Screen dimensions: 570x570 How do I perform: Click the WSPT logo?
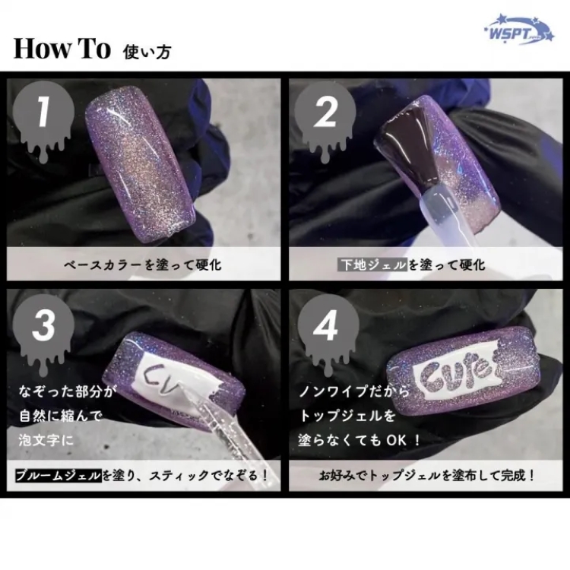pos(516,33)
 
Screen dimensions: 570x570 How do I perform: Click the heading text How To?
pos(62,49)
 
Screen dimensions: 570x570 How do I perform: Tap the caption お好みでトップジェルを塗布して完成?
pos(427,477)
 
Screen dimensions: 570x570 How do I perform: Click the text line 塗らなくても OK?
pos(369,440)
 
